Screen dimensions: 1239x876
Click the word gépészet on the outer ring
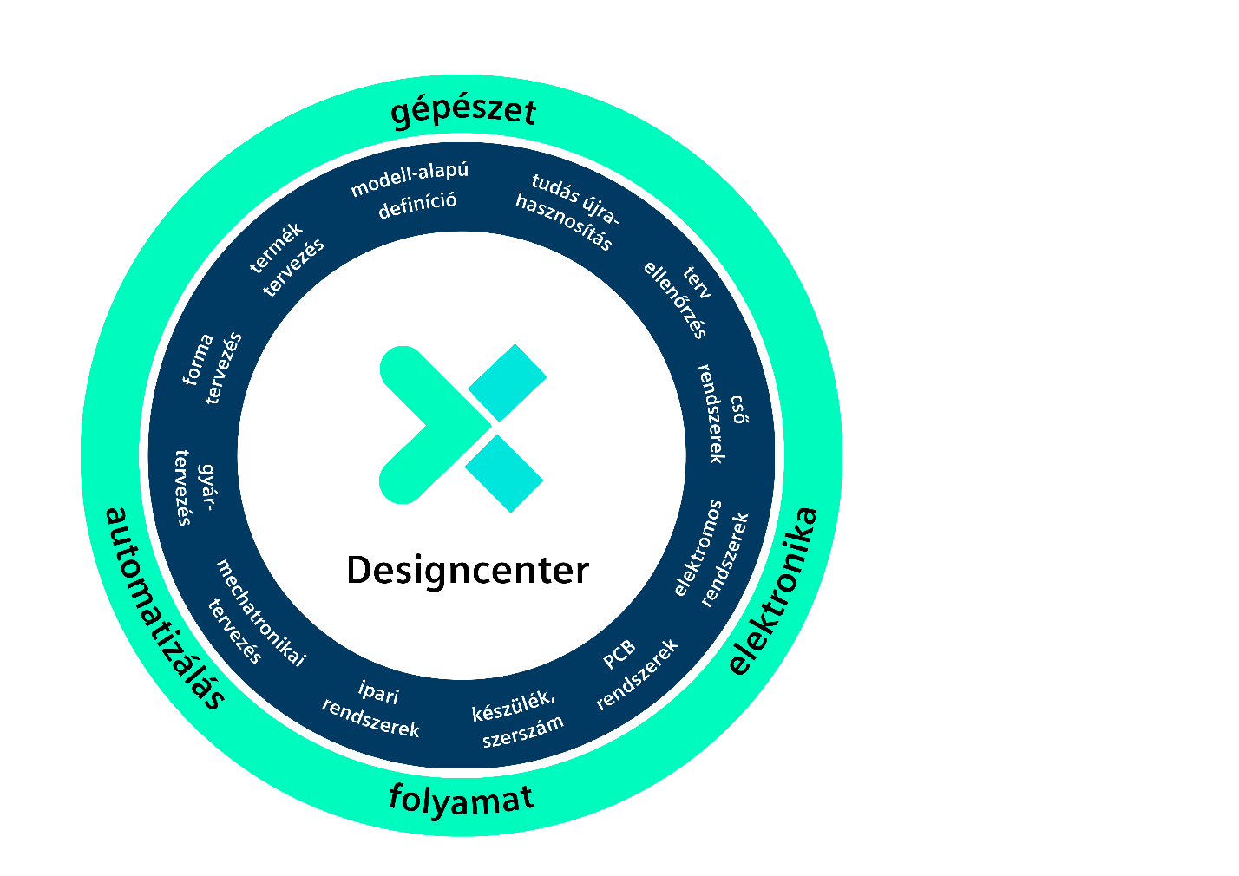[463, 111]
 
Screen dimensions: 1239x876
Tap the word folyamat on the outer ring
[462, 800]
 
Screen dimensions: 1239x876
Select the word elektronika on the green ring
[773, 591]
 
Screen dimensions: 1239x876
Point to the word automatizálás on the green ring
[165, 608]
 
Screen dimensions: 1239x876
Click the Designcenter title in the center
[468, 572]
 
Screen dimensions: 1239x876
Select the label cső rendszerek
[723, 413]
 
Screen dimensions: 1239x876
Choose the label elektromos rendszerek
[711, 553]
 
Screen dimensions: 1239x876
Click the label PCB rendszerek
[637, 675]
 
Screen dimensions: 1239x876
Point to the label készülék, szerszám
[518, 719]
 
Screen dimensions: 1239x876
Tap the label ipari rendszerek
[371, 709]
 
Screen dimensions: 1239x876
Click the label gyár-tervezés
[194, 487]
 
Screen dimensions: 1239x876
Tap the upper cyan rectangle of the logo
[508, 382]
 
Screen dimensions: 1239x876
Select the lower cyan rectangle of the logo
[504, 474]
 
